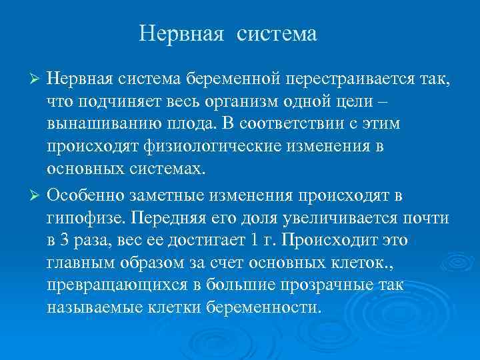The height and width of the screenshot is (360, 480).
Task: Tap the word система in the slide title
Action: pyautogui.click(x=275, y=34)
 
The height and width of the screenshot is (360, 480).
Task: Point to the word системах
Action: pyautogui.click(x=164, y=169)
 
